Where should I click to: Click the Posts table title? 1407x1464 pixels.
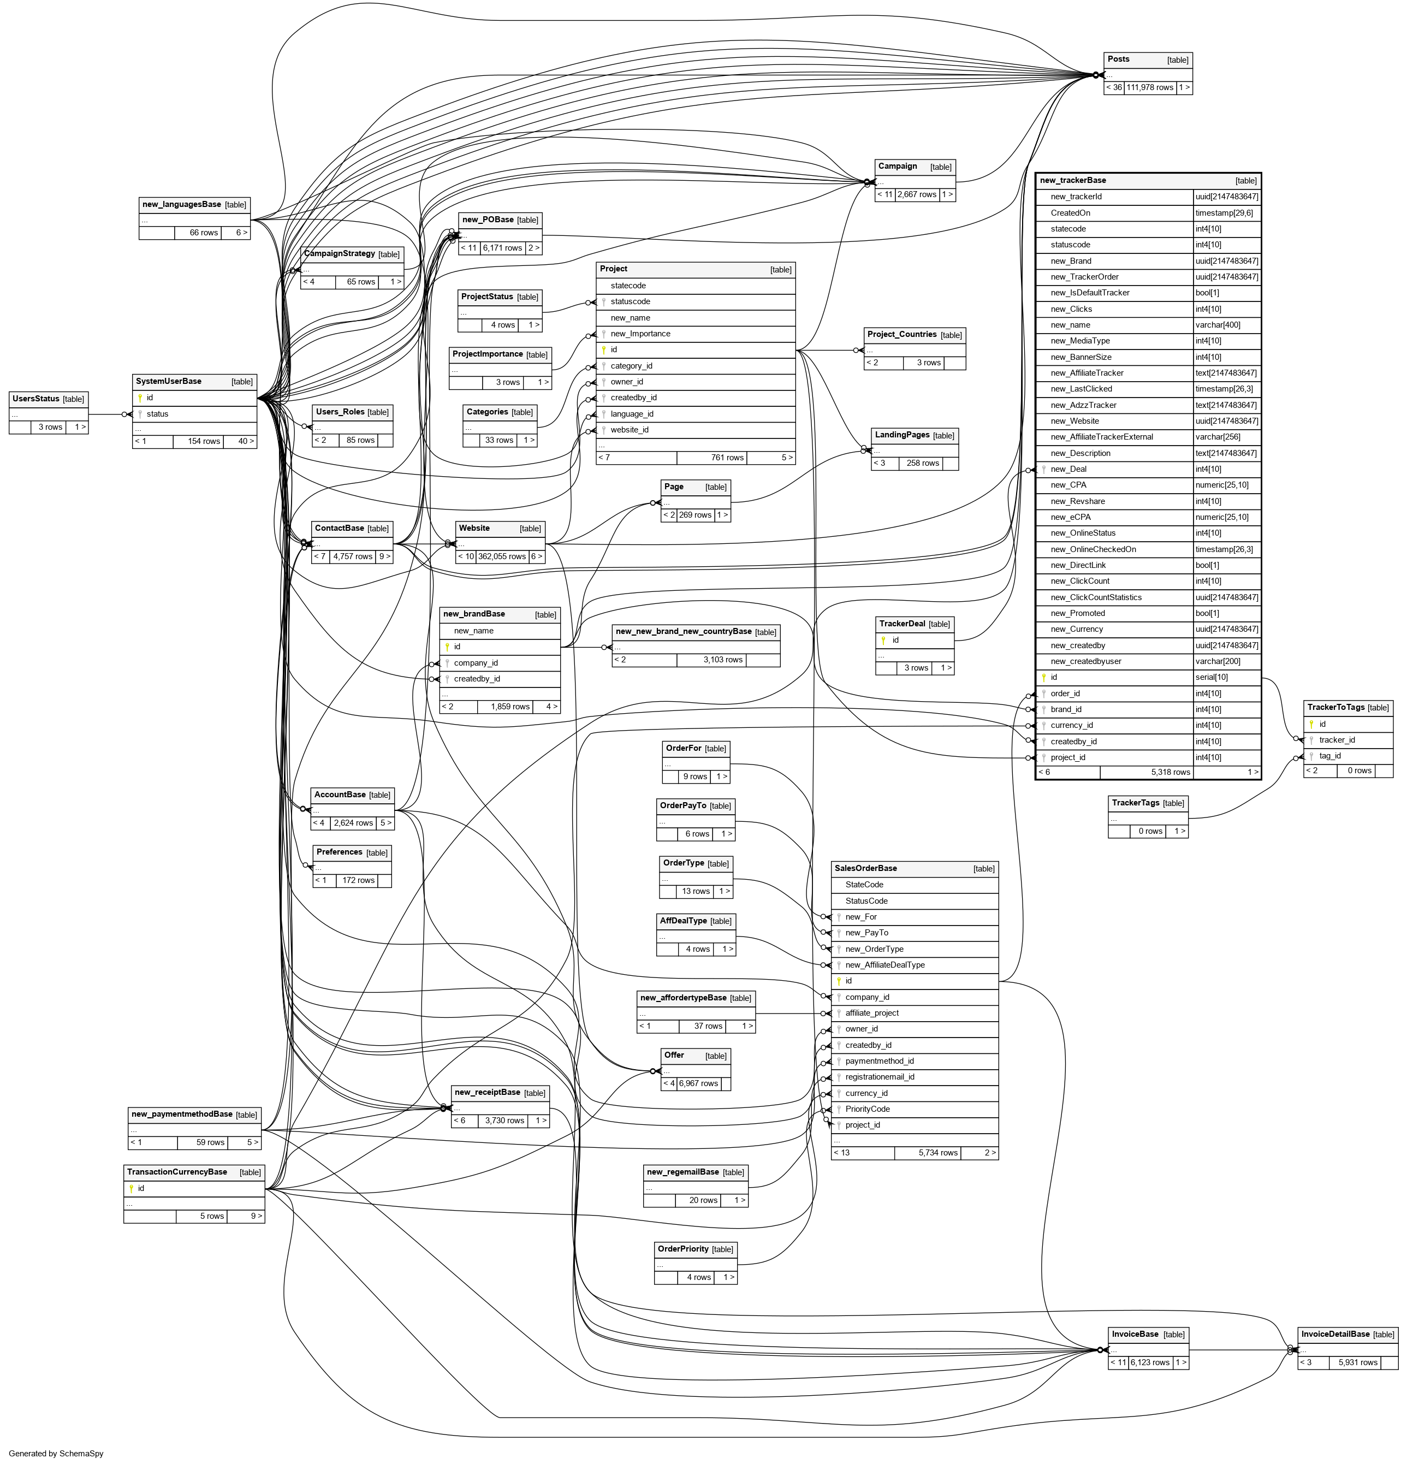[1118, 60]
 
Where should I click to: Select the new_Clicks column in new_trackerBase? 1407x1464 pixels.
[1071, 309]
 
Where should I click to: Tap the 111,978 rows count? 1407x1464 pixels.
[1149, 88]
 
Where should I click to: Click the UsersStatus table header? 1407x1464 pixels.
[36, 399]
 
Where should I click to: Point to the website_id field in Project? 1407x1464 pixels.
[629, 430]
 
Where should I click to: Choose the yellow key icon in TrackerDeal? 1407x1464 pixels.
[883, 640]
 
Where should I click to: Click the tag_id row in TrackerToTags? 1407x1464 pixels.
[1329, 756]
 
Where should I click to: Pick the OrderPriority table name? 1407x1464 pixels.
[682, 1249]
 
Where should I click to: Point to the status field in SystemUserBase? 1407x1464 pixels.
[158, 414]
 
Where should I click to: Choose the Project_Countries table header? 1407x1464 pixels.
[901, 335]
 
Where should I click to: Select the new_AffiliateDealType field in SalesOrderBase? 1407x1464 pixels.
[884, 965]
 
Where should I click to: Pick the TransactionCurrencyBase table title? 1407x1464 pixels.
[177, 1172]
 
